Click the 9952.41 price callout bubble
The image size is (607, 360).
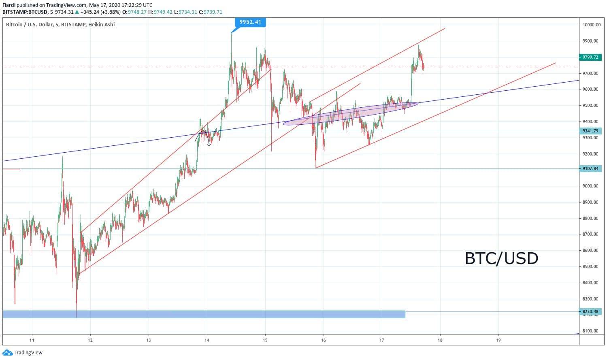click(x=250, y=22)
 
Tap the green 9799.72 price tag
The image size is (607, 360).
click(x=590, y=57)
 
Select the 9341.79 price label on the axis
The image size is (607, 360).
click(x=590, y=131)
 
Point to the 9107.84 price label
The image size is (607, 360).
click(x=590, y=168)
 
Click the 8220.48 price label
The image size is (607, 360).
click(x=590, y=311)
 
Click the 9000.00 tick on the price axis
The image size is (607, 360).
click(x=590, y=186)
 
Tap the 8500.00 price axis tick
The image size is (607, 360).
click(x=590, y=266)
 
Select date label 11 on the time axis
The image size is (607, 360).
click(x=32, y=340)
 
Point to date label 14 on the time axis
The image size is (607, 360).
click(x=207, y=340)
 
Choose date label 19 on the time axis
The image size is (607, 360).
click(x=498, y=340)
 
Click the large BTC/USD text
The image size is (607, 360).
click(x=502, y=258)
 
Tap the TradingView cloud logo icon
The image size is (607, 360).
click(x=7, y=353)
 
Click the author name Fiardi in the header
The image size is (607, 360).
click(x=9, y=5)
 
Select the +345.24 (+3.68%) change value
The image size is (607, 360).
click(x=100, y=12)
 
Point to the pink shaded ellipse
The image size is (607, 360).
click(x=350, y=114)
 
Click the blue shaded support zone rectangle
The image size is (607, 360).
click(x=204, y=315)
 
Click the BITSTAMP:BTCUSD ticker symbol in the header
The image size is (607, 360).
click(x=25, y=12)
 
